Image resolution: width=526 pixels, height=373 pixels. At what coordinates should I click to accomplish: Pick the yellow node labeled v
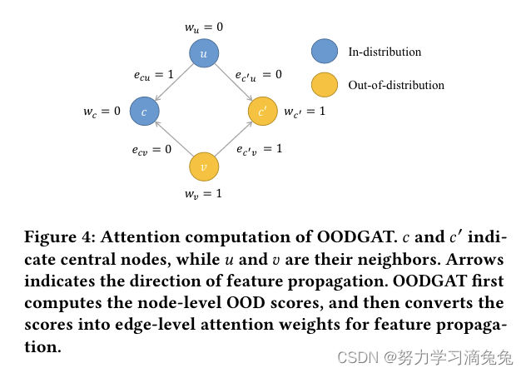click(204, 167)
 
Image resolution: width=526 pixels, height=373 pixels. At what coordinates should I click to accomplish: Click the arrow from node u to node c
click(174, 82)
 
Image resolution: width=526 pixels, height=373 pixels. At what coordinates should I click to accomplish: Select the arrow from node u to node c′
click(233, 82)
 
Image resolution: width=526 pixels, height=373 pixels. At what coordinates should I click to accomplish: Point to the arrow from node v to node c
click(174, 139)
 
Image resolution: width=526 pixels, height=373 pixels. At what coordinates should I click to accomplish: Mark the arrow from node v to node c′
click(233, 139)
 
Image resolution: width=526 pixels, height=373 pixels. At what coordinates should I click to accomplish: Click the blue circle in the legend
click(323, 52)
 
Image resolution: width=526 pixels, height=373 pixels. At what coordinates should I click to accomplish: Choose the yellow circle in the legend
click(323, 85)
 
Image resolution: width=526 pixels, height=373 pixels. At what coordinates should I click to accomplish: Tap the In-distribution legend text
click(385, 52)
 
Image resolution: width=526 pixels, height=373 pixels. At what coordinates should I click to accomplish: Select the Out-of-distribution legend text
click(396, 85)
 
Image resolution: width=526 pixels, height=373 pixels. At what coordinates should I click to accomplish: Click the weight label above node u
click(204, 27)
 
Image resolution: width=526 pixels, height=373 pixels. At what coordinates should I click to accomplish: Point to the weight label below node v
click(204, 194)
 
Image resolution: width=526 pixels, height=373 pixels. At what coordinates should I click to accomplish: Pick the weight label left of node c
click(102, 112)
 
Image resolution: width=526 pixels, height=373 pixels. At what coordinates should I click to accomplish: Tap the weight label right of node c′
click(305, 112)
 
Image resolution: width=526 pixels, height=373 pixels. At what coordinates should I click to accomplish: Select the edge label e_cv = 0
click(151, 150)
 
